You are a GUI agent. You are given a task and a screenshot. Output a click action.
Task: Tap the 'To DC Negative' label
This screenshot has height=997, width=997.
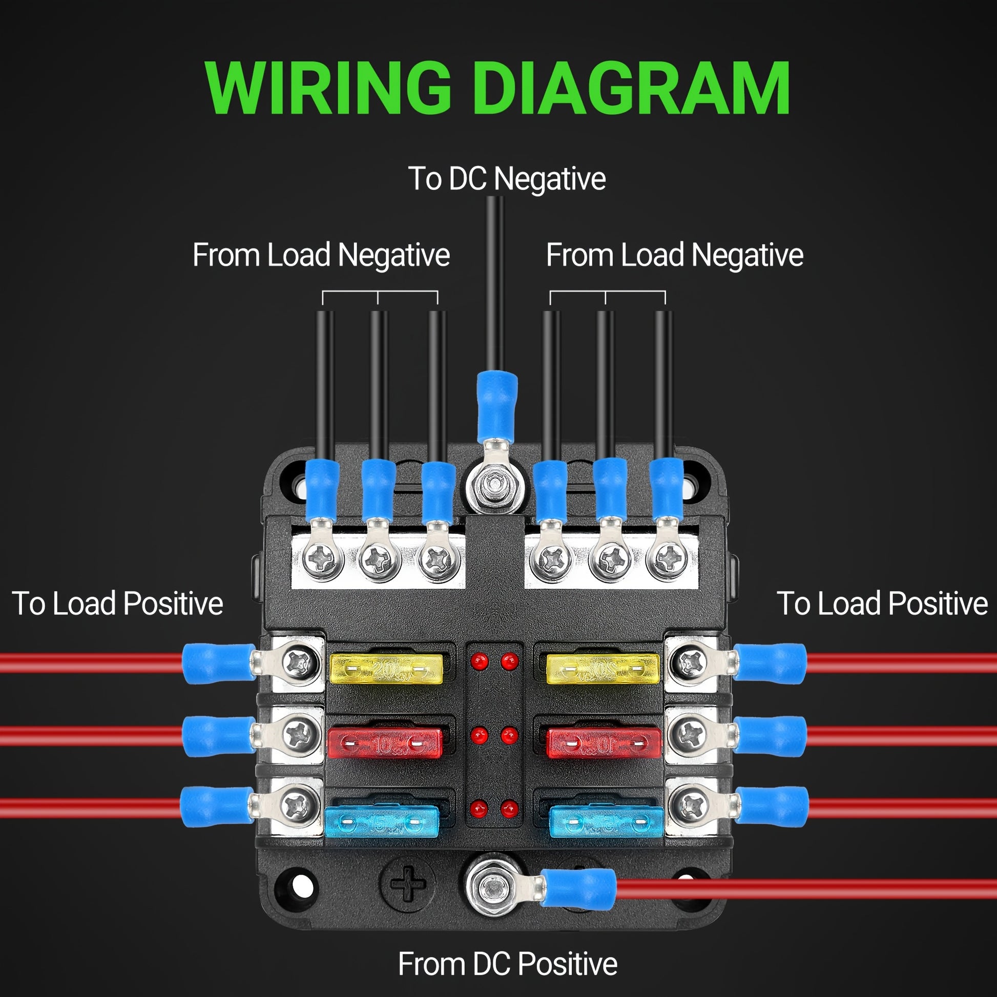coord(506,179)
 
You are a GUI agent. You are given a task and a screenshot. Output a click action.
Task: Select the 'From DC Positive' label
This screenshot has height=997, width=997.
coord(507,964)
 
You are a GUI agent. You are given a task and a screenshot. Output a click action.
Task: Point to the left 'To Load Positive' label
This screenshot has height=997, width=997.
coord(117,603)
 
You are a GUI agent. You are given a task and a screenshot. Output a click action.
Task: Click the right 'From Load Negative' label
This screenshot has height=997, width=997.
coord(674,255)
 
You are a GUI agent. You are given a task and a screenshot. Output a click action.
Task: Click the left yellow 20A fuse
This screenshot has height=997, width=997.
coord(386,669)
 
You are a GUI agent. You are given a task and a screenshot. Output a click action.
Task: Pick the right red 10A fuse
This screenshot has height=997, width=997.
coord(603,743)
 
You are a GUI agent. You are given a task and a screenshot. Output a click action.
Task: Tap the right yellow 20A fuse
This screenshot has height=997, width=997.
coord(603,669)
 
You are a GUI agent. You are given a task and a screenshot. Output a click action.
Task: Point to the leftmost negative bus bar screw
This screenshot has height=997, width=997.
coord(323,557)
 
